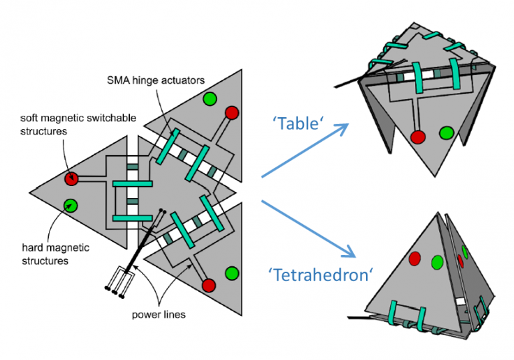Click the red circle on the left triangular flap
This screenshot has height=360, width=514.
tap(72, 179)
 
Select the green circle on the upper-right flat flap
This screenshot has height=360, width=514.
tap(209, 98)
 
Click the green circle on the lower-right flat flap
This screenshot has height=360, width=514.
tap(232, 273)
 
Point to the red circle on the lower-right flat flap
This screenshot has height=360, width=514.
tap(208, 286)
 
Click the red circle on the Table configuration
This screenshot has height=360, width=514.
tap(418, 137)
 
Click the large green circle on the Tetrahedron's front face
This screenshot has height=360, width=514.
tap(438, 262)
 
